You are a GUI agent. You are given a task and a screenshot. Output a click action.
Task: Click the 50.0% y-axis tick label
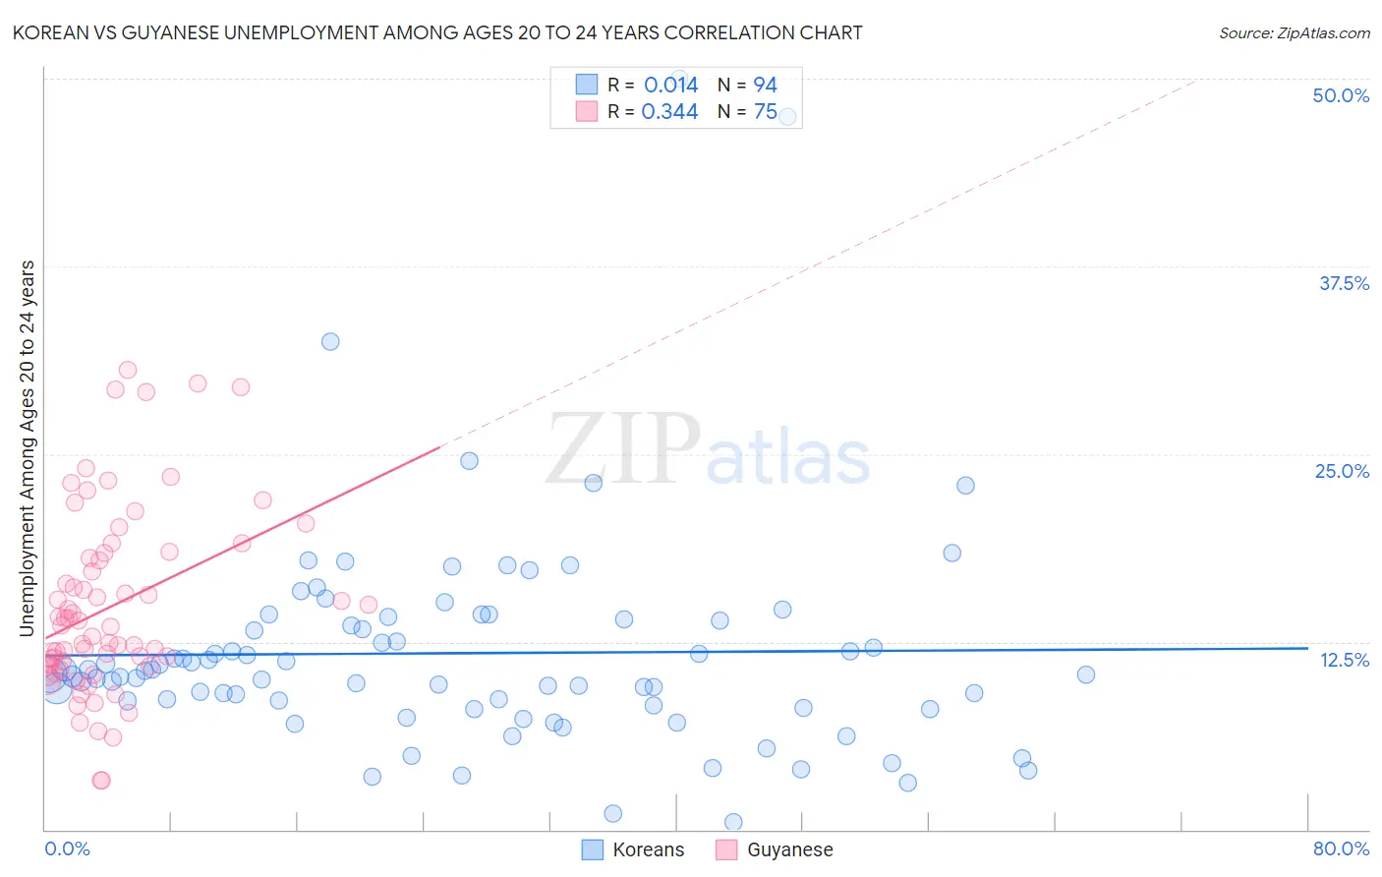point(1341,95)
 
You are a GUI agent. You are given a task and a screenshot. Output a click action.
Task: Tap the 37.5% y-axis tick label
point(1344,283)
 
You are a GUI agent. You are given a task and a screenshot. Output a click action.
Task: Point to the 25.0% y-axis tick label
point(1342,471)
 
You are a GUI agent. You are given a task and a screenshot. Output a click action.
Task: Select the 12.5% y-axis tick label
point(1344,660)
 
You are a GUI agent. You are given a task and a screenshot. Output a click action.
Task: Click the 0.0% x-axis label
point(67,848)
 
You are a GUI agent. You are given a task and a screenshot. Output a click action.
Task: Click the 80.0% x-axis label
point(1341,848)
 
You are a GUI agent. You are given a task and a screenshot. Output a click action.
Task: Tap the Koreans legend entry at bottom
point(647,849)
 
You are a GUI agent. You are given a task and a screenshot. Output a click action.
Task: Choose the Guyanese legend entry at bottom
point(789,849)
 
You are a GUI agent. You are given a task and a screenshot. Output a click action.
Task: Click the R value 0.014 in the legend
point(670,85)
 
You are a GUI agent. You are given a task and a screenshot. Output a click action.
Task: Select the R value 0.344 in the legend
point(669,112)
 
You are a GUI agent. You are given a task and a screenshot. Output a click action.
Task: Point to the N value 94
point(765,85)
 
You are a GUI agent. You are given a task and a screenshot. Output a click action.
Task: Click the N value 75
point(765,112)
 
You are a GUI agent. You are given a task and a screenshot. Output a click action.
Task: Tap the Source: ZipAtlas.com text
point(1294,33)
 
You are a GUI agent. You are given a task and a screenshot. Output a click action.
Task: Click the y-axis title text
point(28,448)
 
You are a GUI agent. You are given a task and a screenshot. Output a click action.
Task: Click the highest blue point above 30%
point(330,341)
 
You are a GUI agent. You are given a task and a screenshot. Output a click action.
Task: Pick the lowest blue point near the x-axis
point(733,822)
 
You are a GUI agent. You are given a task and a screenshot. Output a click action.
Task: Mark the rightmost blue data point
point(1085,674)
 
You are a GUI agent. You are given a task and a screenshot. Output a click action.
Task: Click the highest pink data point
point(128,370)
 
